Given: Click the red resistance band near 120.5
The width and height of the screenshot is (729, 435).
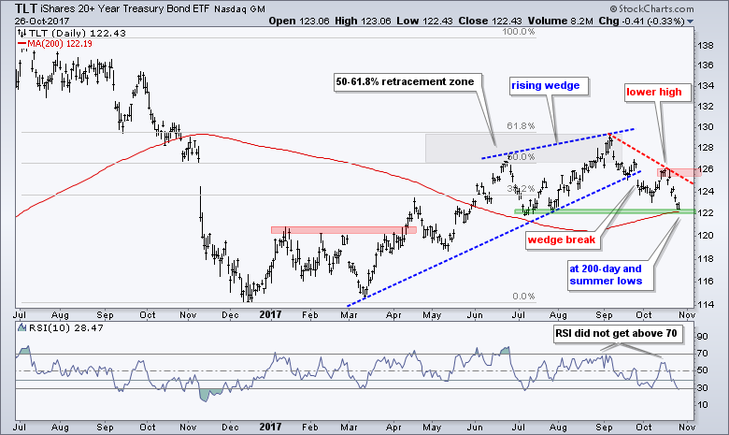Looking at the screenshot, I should coord(343,229).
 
